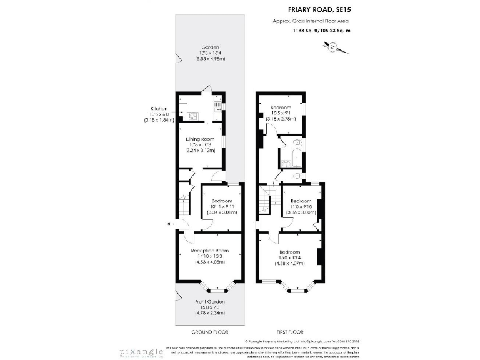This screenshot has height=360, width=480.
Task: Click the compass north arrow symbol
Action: click(x=332, y=46)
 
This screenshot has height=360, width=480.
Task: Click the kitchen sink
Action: click(x=217, y=106)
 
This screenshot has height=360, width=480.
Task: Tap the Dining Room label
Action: click(x=199, y=138)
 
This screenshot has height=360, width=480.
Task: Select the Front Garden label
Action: click(x=209, y=302)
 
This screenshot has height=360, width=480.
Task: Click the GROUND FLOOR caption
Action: click(x=208, y=331)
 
